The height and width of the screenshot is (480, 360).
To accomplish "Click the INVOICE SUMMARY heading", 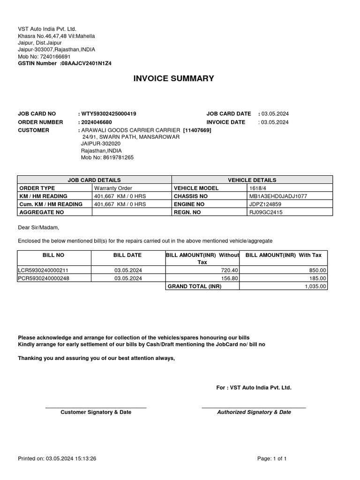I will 174,78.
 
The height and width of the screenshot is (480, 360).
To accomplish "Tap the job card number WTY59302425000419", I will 109,114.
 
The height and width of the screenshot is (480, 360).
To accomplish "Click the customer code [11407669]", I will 197,130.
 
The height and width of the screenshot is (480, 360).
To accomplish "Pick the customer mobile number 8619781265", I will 115,157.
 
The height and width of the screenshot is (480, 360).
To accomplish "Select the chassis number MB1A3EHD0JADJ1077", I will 279,196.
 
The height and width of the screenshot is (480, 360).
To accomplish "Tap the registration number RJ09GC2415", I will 266,212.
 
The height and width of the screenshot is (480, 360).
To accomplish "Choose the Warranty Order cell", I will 113,188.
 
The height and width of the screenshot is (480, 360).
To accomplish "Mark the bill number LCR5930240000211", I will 46,270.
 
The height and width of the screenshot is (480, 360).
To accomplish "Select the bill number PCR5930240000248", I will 46,278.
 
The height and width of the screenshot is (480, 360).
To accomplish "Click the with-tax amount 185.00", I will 317,278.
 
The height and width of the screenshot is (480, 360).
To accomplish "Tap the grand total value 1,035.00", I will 315,286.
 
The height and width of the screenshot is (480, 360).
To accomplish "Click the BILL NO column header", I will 52,255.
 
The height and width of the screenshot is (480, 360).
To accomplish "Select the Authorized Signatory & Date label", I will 254,412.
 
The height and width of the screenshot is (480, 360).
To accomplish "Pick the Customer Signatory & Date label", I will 96,412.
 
